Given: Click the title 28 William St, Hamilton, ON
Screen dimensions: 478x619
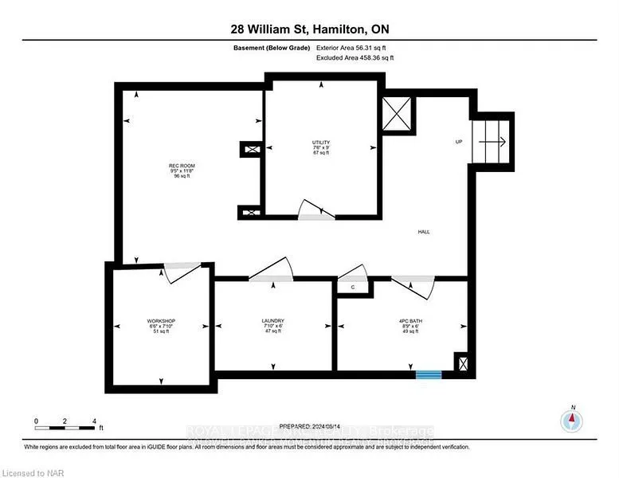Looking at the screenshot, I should [309, 29].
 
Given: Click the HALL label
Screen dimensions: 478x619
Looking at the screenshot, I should [424, 232].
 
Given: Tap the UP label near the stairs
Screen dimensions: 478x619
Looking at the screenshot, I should [458, 143].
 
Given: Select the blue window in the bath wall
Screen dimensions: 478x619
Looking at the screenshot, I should [429, 373].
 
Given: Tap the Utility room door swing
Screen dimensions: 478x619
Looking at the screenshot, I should [317, 210].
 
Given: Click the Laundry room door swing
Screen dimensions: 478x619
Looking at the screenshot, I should [272, 270].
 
